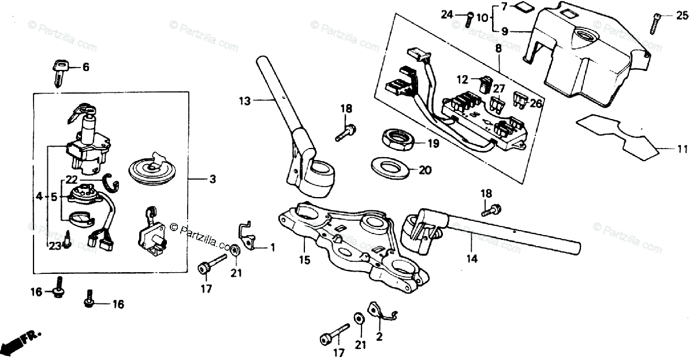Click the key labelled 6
[59, 72]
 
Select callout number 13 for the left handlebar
[245, 101]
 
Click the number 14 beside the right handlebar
[472, 259]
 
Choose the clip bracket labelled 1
[249, 237]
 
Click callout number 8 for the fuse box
[497, 50]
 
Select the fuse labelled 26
[520, 105]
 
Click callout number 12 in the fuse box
[463, 78]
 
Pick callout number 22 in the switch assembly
[72, 179]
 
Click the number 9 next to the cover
[505, 32]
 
